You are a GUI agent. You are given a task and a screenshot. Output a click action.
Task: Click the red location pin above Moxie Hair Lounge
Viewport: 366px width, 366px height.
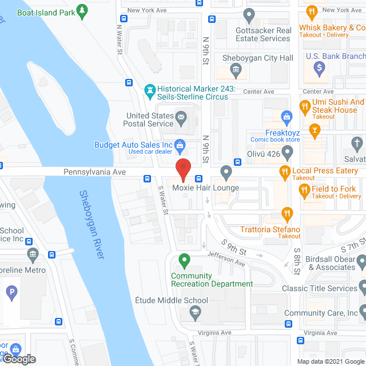click(x=183, y=169)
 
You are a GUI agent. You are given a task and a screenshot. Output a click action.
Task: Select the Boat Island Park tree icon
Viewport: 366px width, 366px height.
click(x=83, y=10)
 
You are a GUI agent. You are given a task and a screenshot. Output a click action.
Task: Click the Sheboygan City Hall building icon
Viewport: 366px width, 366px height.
click(x=236, y=70)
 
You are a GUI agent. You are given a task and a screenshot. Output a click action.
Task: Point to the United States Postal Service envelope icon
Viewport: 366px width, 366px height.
click(x=181, y=119)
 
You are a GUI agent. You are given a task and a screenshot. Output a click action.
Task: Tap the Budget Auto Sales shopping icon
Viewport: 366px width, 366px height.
click(x=180, y=145)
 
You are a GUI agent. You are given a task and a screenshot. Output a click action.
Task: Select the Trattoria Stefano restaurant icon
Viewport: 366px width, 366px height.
click(x=288, y=214)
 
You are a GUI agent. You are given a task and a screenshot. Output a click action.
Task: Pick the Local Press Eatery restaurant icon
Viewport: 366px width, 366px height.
click(x=284, y=170)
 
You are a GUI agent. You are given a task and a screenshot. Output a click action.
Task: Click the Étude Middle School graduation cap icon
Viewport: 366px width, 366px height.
click(x=194, y=313)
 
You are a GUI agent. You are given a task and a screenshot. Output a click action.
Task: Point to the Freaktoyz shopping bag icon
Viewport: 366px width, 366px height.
click(x=287, y=118)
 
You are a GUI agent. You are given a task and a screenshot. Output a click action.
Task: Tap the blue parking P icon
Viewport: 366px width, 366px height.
click(x=11, y=294)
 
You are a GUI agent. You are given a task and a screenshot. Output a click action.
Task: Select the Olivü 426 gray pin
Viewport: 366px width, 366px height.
click(x=288, y=153)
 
